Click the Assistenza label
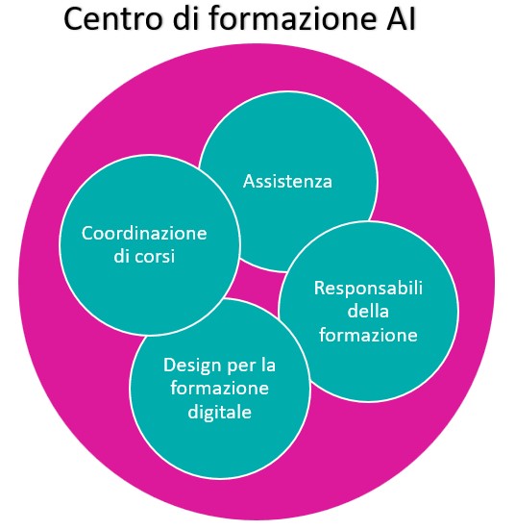[x=287, y=181]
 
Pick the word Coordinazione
[x=144, y=233]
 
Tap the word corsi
[x=155, y=256]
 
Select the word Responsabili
[x=368, y=289]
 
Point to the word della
[x=368, y=311]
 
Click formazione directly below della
[x=368, y=335]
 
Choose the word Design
[x=192, y=366]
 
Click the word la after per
[x=268, y=365]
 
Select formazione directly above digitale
[x=219, y=387]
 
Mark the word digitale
[x=219, y=412]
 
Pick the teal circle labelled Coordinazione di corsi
[x=150, y=245]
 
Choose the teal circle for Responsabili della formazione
[x=368, y=312]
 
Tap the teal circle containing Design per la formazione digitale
[x=220, y=389]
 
